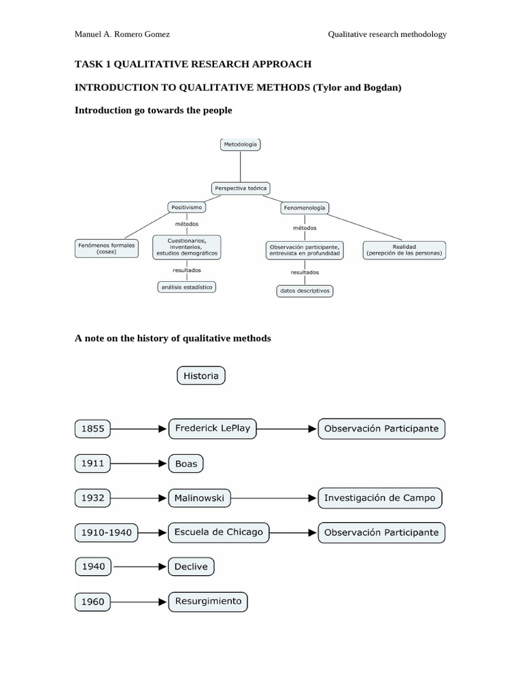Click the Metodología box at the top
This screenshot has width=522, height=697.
click(241, 144)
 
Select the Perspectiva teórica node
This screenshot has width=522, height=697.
click(241, 187)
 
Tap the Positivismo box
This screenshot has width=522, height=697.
click(186, 206)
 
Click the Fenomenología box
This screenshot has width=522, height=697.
click(304, 207)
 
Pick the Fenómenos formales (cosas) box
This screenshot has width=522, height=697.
click(105, 248)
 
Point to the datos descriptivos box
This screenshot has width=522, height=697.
click(304, 291)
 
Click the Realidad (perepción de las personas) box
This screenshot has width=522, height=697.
click(404, 250)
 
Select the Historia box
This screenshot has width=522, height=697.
click(201, 376)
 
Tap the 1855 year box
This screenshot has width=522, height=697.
click(92, 429)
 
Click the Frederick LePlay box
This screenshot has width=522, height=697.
click(212, 429)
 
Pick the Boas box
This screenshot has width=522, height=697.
click(186, 464)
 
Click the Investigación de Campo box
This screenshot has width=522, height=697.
click(380, 498)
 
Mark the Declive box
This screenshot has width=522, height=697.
click(191, 566)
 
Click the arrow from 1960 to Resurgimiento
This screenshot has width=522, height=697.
click(140, 601)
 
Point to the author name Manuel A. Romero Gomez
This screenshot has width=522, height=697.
click(122, 35)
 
